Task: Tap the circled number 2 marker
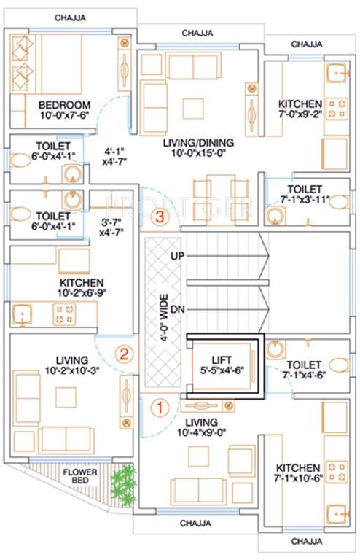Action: [125, 355]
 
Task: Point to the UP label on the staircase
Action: [177, 256]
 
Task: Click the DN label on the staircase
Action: [177, 310]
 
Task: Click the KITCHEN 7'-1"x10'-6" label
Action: [298, 473]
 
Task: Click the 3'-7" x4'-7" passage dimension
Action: [112, 226]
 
